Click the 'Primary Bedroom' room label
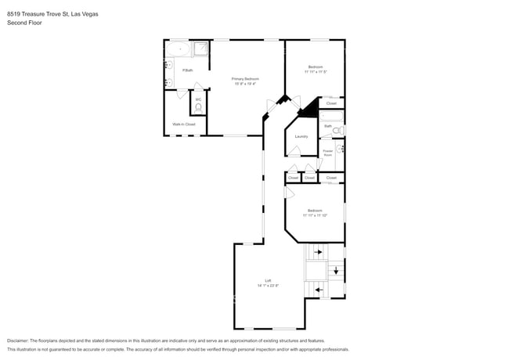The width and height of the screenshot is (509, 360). tap(245, 79)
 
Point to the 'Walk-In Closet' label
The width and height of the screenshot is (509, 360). tap(184, 124)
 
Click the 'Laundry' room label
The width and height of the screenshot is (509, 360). tap(301, 136)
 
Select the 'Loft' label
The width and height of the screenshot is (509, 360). tap(268, 281)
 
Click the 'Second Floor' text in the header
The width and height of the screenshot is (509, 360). tap(24, 23)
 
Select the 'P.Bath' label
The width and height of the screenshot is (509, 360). tap(188, 70)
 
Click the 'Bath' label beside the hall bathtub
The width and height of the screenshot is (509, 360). tap(328, 125)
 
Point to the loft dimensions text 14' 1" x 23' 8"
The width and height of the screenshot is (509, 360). tap(268, 286)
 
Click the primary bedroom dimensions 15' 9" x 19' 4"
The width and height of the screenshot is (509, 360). tap(245, 84)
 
